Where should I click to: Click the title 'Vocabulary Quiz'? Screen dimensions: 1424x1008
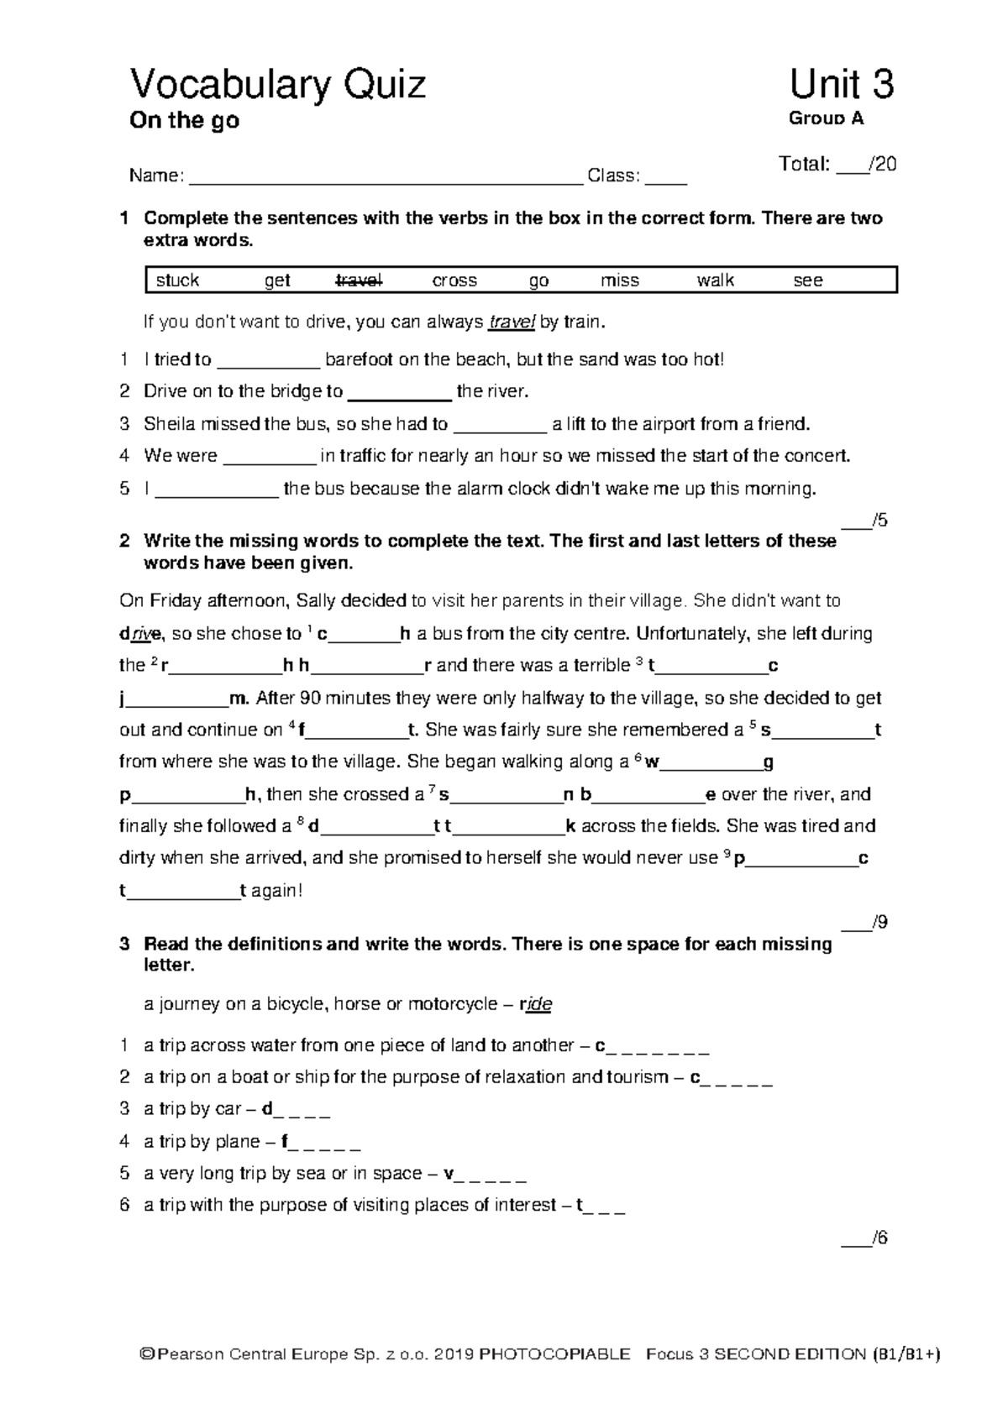point(277,86)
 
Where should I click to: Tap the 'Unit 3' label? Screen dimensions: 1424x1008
point(841,86)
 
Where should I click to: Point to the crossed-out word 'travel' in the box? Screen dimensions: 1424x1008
point(360,280)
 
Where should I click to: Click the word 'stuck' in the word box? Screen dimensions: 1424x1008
point(177,280)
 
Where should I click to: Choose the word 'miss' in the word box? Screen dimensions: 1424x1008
point(620,280)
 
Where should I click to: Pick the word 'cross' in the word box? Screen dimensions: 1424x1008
point(454,280)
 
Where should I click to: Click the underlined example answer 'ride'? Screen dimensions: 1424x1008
point(539,1004)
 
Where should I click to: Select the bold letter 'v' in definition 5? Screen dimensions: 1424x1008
point(449,1174)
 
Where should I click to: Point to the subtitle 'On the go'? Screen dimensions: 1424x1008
point(184,121)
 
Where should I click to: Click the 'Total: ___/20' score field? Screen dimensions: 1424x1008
point(837,165)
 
